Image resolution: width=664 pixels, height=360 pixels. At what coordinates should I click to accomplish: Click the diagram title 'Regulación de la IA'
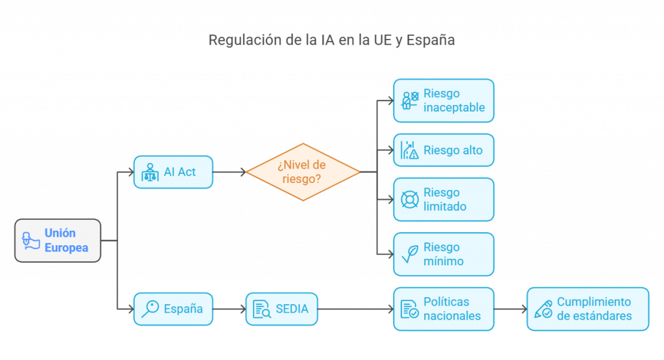pos(331,40)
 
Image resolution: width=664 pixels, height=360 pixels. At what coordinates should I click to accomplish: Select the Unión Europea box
pos(58,240)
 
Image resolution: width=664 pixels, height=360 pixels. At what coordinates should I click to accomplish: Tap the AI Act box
pos(173,172)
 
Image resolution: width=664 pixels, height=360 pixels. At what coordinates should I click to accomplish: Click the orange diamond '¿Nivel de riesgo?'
pos(303,172)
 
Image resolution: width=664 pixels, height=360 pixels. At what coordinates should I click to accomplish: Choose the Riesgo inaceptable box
pos(444,101)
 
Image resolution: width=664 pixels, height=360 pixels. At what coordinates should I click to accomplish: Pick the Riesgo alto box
pos(444,150)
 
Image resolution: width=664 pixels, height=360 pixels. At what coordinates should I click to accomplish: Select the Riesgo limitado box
pos(444,199)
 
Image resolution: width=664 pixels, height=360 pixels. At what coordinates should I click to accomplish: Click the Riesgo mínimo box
pos(444,254)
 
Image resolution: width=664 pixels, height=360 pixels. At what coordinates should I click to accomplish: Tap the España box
pos(173,309)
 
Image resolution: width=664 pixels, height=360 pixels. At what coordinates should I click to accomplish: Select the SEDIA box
pos(282,309)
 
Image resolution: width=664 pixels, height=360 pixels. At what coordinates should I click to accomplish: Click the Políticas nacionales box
pos(444,309)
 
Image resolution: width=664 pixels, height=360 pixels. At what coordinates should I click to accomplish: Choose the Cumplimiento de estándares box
pos(587,309)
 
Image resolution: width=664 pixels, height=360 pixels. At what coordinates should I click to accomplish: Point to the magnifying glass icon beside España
pos(150,309)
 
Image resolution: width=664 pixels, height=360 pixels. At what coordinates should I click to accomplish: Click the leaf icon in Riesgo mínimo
pos(409,254)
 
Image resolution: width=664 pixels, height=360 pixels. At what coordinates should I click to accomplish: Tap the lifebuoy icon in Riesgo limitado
pos(409,199)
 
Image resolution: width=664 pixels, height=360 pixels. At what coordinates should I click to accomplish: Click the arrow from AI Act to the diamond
pos(230,172)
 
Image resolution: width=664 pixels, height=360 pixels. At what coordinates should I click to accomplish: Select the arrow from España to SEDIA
pos(229,309)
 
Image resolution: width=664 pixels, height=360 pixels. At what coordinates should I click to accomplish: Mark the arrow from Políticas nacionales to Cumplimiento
pos(510,309)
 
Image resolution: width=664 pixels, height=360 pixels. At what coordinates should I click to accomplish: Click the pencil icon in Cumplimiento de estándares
pos(543,309)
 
